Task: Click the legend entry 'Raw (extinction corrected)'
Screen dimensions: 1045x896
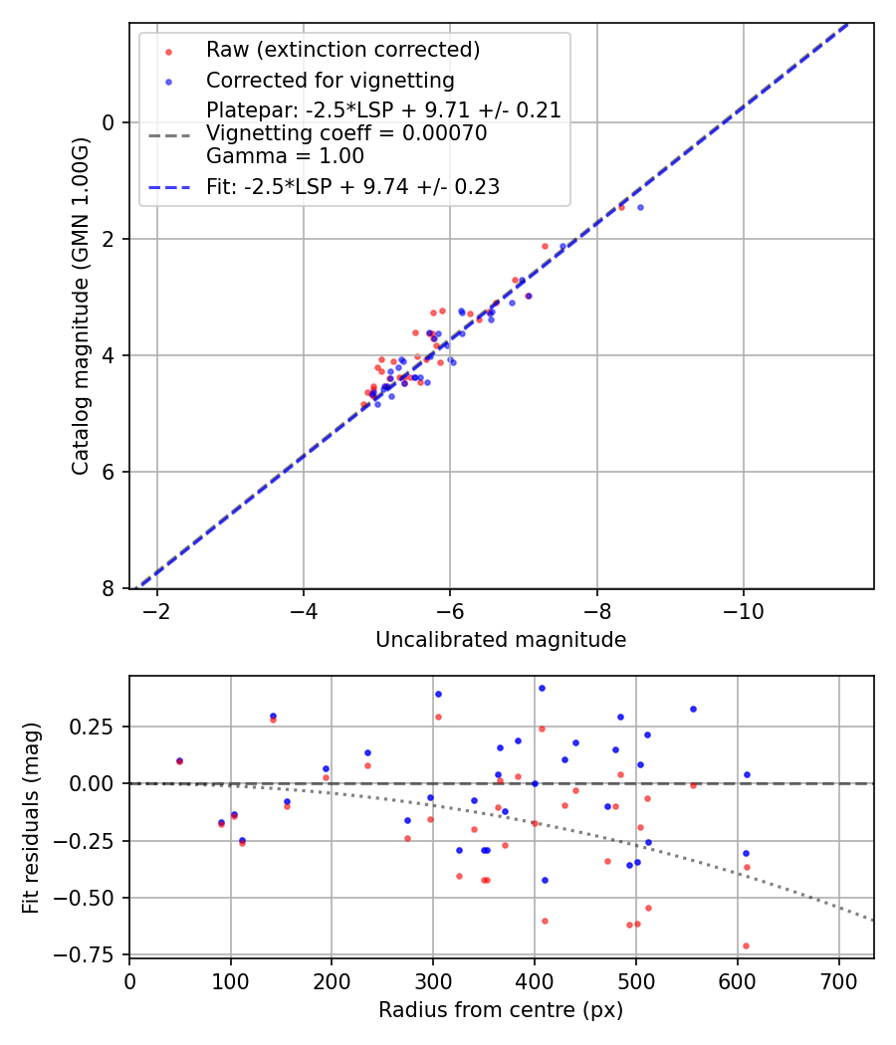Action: [342, 50]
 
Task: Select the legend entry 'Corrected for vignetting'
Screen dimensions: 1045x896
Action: [330, 81]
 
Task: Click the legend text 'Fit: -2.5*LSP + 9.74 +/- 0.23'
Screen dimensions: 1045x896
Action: [352, 186]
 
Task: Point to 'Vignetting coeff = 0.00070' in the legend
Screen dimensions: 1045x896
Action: [346, 133]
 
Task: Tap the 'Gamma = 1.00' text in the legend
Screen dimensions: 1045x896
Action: [285, 156]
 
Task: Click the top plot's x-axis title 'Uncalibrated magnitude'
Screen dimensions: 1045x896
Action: [501, 640]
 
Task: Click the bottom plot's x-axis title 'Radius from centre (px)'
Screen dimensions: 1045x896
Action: [501, 1010]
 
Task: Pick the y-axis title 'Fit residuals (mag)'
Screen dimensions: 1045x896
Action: [31, 818]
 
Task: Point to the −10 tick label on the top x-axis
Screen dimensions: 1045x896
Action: [743, 611]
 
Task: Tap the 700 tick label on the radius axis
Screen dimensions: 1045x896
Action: [838, 982]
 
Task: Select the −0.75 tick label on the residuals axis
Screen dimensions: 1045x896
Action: [94, 954]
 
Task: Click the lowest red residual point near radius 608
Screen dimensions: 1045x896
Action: [746, 945]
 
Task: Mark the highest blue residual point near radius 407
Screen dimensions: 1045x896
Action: [542, 688]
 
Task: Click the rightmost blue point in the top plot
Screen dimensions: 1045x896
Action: [640, 207]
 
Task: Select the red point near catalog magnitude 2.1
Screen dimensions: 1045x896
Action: [545, 246]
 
